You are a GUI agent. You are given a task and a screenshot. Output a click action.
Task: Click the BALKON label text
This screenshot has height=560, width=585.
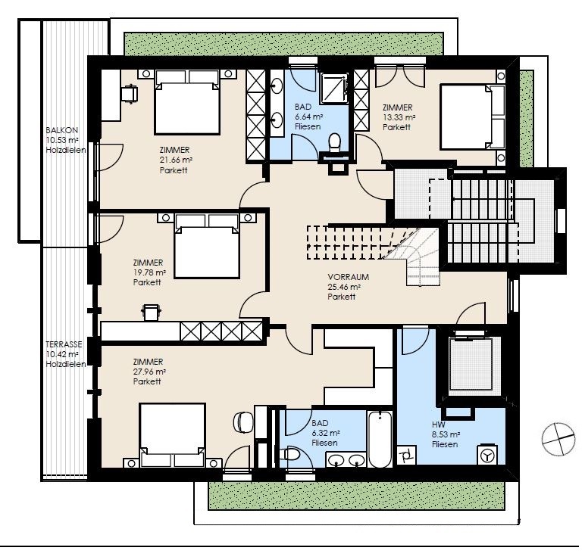(62, 130)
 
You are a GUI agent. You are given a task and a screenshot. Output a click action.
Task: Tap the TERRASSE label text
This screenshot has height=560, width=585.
(64, 344)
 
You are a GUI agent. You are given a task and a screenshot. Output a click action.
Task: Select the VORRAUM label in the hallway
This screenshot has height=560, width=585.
(349, 277)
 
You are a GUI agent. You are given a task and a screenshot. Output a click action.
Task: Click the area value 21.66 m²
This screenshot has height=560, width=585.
(176, 160)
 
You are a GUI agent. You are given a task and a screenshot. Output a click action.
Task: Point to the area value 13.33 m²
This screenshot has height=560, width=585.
(399, 117)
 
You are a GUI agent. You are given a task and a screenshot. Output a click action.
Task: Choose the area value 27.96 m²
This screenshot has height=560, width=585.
(149, 372)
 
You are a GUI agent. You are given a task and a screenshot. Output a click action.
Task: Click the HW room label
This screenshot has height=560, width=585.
(439, 425)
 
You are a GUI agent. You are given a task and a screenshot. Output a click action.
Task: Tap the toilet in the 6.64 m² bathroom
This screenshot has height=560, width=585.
(335, 143)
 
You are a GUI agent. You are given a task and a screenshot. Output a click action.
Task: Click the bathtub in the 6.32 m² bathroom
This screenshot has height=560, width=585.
(380, 439)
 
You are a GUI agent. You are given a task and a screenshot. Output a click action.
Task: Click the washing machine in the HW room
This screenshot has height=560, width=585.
(487, 455)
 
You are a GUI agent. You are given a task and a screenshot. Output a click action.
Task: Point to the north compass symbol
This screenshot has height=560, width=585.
(558, 439)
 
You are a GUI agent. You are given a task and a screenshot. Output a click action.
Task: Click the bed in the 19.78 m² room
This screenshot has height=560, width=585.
(207, 246)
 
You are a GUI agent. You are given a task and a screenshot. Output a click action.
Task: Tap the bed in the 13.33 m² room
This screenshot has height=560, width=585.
(473, 117)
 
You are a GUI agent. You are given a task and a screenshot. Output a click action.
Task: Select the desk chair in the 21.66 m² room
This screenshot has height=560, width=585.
(130, 93)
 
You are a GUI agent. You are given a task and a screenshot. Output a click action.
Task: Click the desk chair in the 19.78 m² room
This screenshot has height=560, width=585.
(151, 312)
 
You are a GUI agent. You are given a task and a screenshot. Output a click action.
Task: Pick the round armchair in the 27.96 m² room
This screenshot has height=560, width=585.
(243, 422)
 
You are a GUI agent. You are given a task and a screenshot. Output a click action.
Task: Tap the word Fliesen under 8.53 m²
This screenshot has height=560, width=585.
(445, 444)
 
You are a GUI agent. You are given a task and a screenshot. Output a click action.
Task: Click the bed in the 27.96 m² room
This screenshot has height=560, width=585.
(172, 435)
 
